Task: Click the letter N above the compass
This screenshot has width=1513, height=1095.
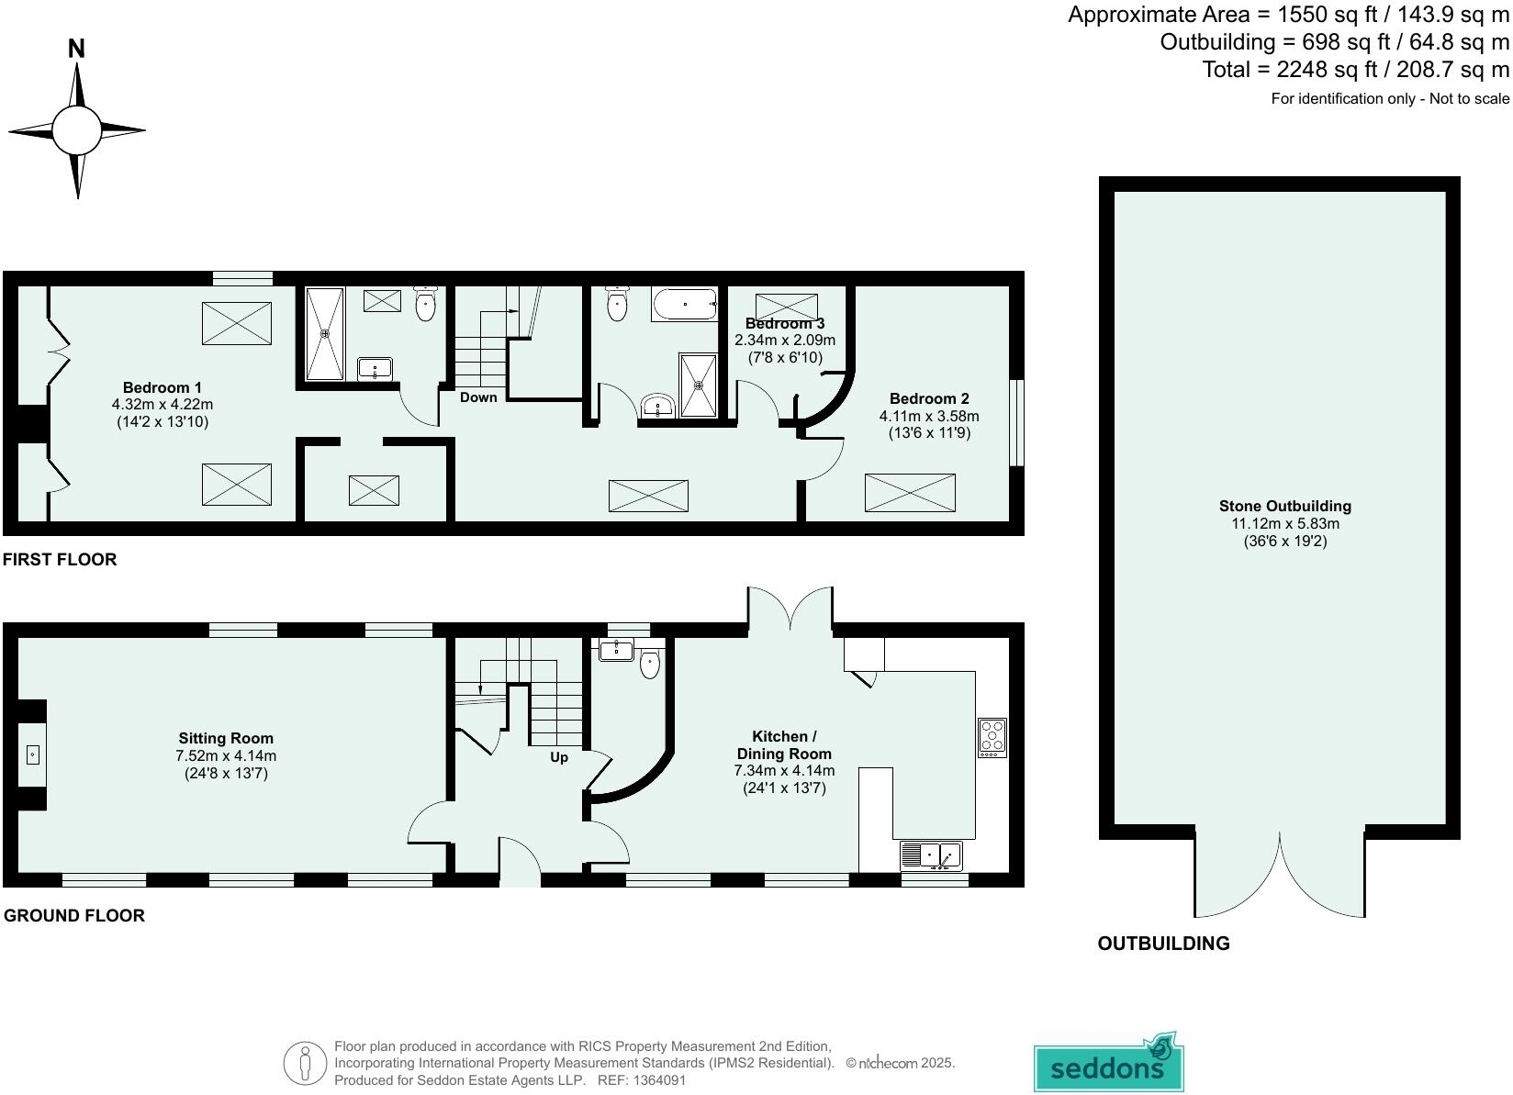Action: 77,49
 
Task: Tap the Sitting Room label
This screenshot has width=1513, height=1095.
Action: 226,738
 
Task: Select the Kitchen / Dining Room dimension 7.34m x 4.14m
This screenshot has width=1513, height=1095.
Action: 784,771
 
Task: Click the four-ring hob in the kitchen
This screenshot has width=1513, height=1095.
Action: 992,737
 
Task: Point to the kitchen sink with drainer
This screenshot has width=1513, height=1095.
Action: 931,855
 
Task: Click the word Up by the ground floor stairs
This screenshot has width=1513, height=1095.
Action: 559,757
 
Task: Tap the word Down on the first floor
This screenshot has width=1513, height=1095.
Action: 478,397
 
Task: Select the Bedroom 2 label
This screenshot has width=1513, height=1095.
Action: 929,398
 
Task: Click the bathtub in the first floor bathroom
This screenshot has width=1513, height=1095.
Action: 684,304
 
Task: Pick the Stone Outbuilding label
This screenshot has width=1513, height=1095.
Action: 1284,506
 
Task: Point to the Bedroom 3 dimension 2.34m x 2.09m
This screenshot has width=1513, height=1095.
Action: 785,341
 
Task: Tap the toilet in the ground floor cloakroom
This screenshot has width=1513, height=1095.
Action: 650,665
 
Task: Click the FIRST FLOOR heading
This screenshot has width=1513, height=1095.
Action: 60,559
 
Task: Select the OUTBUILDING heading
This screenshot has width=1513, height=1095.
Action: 1163,944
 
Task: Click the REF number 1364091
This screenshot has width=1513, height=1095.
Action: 658,1080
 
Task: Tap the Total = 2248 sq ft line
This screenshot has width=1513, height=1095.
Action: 1355,70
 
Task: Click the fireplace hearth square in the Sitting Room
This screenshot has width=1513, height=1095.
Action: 32,754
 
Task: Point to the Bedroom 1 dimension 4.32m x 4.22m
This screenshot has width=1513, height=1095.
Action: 163,405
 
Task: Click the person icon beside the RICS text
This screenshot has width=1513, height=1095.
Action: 306,1064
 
